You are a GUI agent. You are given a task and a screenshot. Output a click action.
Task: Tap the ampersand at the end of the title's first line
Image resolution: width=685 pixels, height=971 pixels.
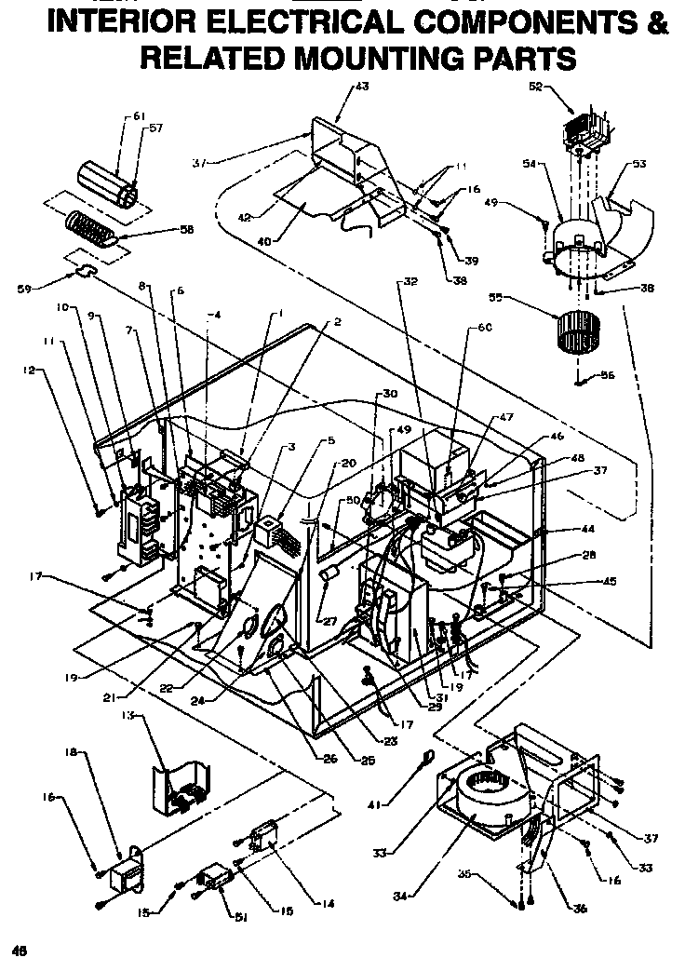[x=657, y=21]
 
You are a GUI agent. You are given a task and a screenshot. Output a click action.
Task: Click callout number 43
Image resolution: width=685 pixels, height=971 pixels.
[x=362, y=86]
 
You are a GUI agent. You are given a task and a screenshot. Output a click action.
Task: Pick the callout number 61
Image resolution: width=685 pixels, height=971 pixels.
[x=140, y=116]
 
